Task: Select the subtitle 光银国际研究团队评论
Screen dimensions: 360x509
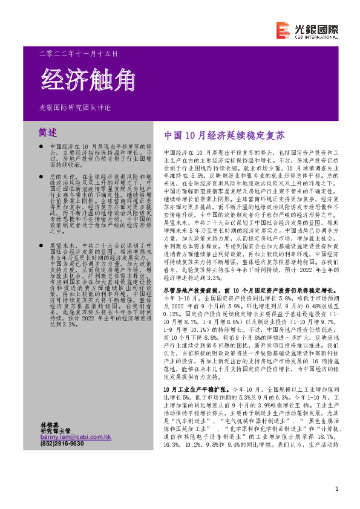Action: pos(75,107)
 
